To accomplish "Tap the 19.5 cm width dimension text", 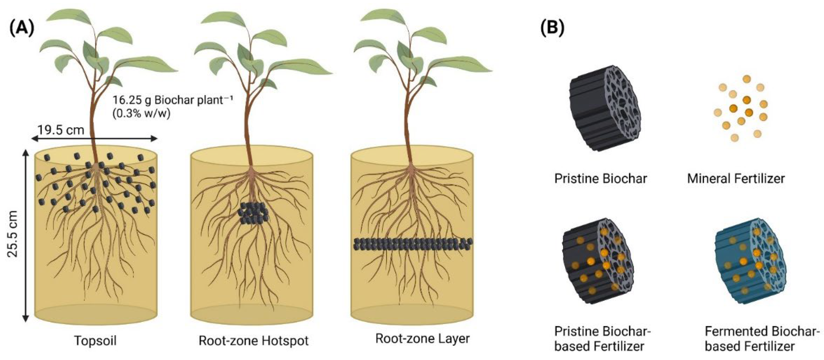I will [61, 130].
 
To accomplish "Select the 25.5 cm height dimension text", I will [13, 233].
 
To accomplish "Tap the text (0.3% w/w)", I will [141, 114].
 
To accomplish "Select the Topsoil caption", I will [95, 340].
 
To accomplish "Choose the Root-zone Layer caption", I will [422, 339].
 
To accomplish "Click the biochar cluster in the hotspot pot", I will [253, 213].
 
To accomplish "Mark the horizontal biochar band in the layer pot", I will [413, 244].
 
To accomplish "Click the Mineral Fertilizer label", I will [736, 179].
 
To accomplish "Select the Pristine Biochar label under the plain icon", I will [600, 179].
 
